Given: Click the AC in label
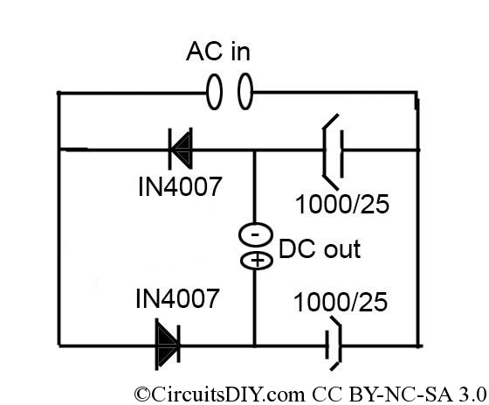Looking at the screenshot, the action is pyautogui.click(x=218, y=52).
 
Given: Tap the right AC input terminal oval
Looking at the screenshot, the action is pyautogui.click(x=245, y=92).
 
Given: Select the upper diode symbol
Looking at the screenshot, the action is pyautogui.click(x=180, y=149).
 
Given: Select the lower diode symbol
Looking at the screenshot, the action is pyautogui.click(x=168, y=345).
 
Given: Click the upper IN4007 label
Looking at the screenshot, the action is pyautogui.click(x=180, y=186).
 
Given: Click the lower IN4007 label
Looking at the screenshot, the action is pyautogui.click(x=177, y=298).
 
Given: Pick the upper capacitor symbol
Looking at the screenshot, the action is pyautogui.click(x=333, y=152).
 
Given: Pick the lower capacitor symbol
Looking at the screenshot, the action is pyautogui.click(x=334, y=344).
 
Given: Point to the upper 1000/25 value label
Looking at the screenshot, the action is pyautogui.click(x=342, y=204).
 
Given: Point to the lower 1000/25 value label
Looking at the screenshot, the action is pyautogui.click(x=341, y=302).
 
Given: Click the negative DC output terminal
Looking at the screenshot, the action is pyautogui.click(x=256, y=234).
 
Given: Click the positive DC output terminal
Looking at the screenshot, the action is pyautogui.click(x=257, y=261).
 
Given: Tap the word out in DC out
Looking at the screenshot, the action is pyautogui.click(x=342, y=250).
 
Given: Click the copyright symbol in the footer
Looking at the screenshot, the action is pyautogui.click(x=142, y=395).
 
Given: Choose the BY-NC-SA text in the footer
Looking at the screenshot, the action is pyautogui.click(x=401, y=395).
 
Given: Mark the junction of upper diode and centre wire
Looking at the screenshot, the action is pyautogui.click(x=254, y=150).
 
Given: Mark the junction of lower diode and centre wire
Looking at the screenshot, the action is pyautogui.click(x=255, y=346).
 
